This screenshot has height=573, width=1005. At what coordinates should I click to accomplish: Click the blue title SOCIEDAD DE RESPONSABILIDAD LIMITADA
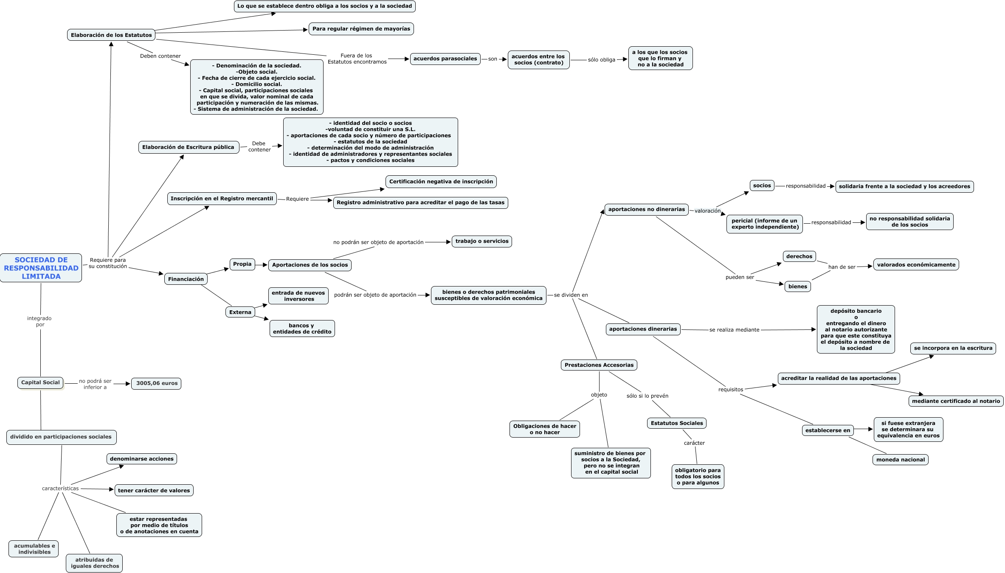click(x=41, y=268)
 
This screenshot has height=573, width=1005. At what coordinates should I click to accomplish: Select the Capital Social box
click(x=40, y=382)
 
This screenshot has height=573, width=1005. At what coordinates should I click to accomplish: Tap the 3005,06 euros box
click(x=156, y=383)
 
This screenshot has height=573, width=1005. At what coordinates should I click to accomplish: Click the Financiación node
click(x=186, y=279)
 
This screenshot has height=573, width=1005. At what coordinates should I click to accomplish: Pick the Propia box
click(x=242, y=264)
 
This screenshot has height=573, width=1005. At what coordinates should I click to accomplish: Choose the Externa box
click(x=240, y=312)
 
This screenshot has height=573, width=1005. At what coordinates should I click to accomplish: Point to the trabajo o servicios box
click(x=481, y=241)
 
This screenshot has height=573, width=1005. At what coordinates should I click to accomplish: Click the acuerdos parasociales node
click(x=445, y=59)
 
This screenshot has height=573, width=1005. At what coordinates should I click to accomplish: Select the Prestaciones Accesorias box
click(x=599, y=365)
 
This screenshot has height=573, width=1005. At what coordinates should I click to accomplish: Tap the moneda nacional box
click(x=900, y=460)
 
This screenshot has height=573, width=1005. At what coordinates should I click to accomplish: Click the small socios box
click(x=762, y=185)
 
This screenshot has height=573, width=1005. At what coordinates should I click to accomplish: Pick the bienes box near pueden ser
click(x=797, y=286)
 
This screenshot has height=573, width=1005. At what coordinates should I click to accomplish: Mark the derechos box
click(x=799, y=256)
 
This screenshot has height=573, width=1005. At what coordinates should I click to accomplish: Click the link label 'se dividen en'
click(x=571, y=295)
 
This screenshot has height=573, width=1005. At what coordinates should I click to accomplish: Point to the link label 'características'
click(x=60, y=489)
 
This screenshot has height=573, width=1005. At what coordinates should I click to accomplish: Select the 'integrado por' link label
click(x=39, y=321)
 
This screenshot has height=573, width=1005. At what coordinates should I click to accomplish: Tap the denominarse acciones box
click(x=141, y=459)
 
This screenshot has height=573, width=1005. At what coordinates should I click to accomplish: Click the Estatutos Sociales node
click(x=677, y=423)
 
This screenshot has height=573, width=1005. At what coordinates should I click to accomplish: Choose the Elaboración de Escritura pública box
click(x=188, y=147)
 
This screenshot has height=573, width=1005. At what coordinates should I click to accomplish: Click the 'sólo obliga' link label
click(x=601, y=60)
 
